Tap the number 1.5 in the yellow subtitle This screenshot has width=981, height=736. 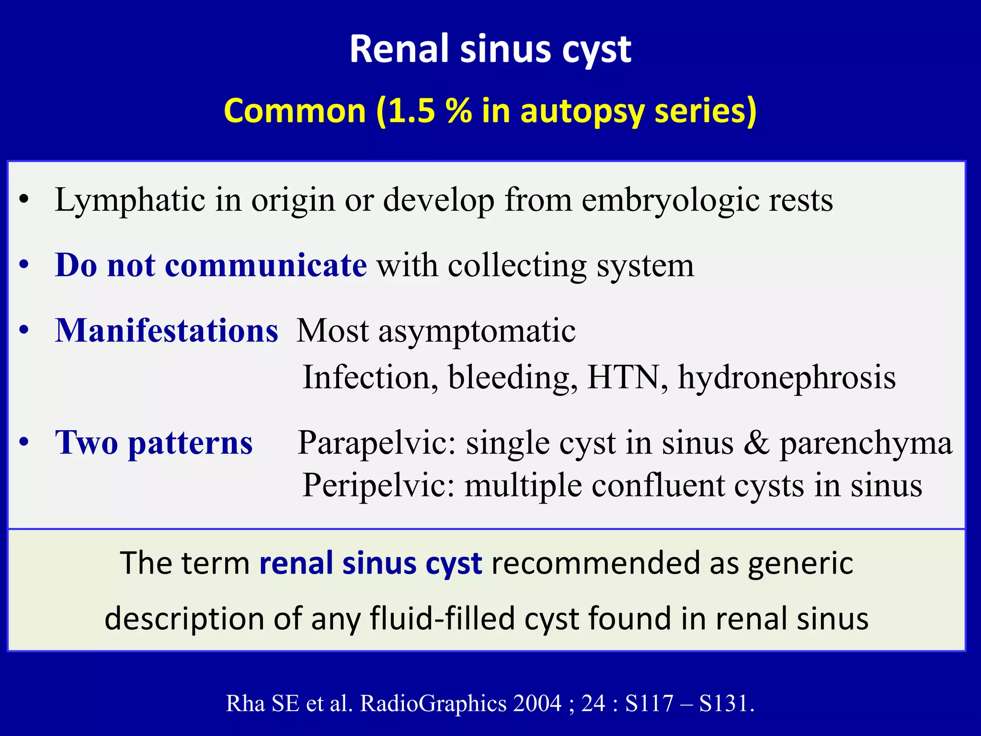point(411,111)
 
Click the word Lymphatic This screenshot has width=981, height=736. point(130,200)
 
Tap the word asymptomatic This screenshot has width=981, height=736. point(477,332)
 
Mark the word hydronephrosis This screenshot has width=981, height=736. point(787,378)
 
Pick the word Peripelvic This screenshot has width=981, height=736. point(378,485)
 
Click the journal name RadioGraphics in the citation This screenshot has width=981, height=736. point(433,703)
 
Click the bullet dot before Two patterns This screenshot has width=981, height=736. point(24,443)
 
